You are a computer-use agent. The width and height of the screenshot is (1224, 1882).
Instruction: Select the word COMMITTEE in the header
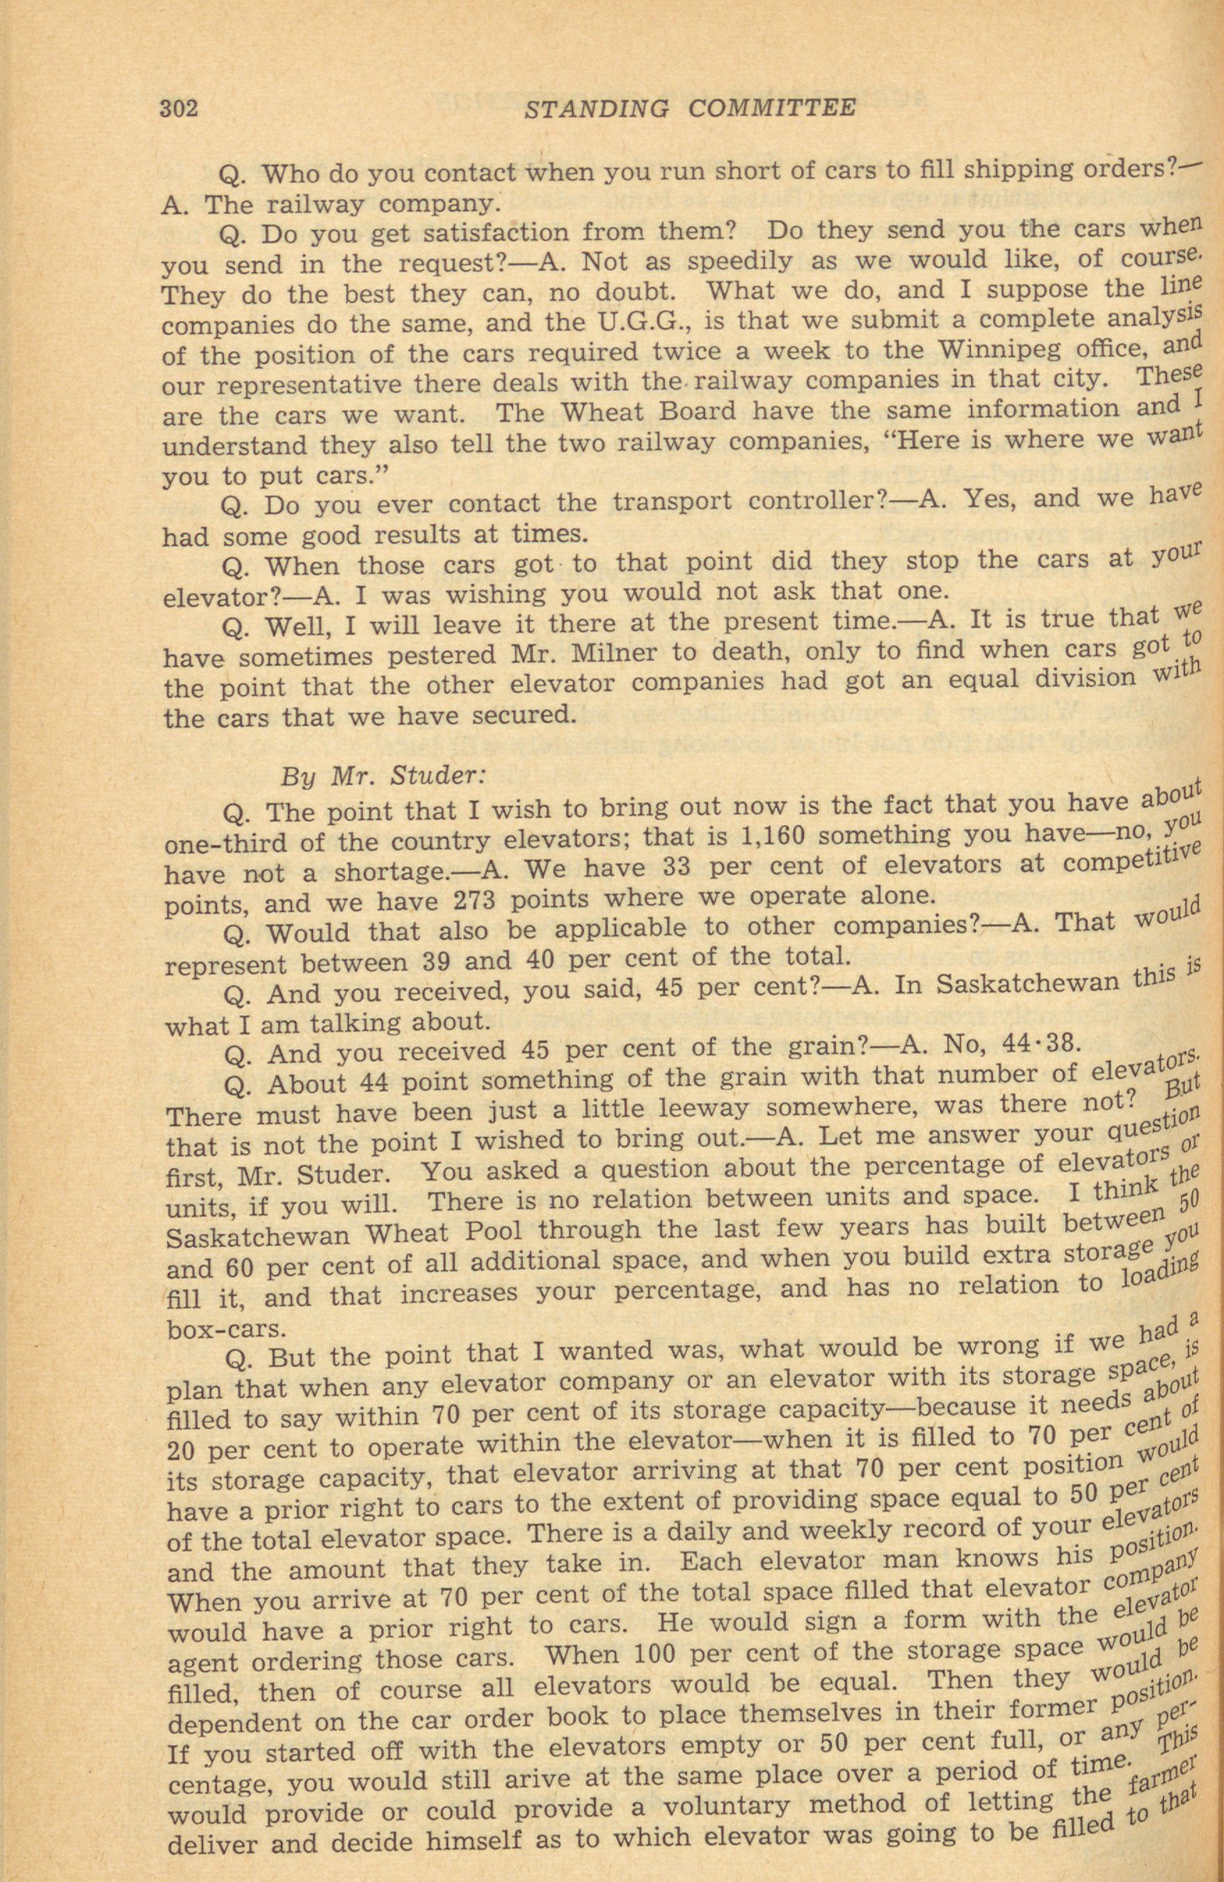(771, 106)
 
